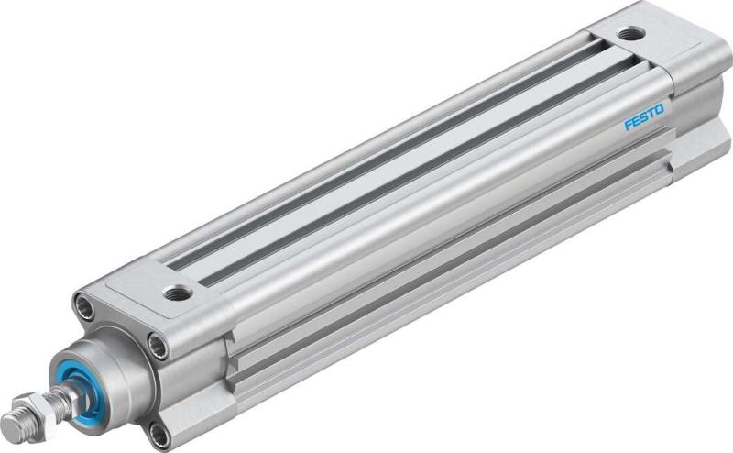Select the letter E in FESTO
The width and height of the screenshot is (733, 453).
(637, 122)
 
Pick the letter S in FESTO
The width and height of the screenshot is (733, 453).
(644, 119)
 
